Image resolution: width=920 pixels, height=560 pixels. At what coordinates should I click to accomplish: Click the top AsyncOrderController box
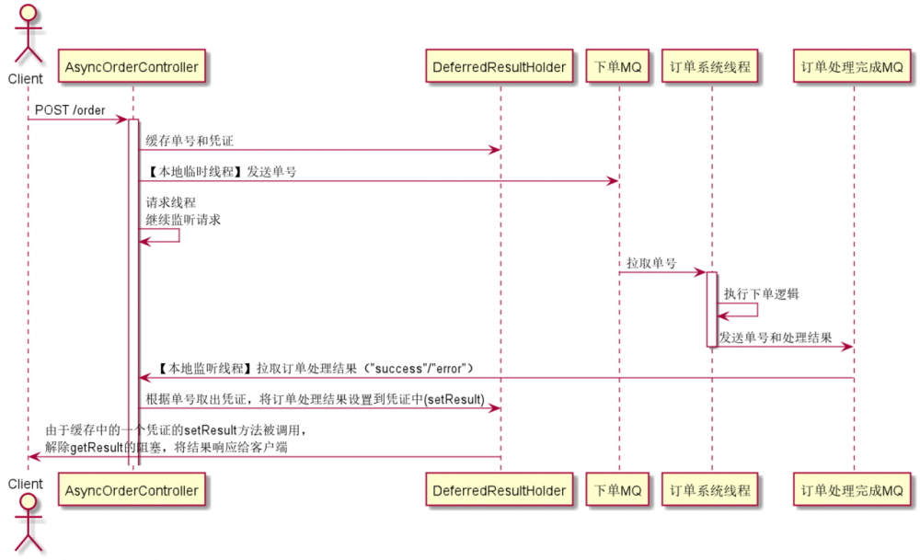[x=132, y=66]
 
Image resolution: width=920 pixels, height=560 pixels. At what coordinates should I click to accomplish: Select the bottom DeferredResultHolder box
[x=500, y=491]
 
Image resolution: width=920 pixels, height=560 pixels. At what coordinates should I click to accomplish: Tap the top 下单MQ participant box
[x=618, y=66]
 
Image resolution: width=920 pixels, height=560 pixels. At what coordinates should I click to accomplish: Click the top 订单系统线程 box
[x=711, y=66]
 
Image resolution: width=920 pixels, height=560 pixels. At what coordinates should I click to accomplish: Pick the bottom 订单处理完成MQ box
[x=852, y=491]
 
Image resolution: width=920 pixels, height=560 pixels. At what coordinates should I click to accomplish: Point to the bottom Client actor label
[x=26, y=484]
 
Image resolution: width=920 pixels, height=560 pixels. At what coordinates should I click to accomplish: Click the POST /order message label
[x=70, y=110]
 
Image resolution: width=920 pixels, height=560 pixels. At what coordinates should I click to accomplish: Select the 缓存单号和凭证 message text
[x=190, y=140]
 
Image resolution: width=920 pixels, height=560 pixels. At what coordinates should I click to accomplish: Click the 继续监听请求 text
[x=183, y=221]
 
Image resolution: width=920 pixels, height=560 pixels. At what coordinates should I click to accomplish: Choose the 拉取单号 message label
[x=651, y=264]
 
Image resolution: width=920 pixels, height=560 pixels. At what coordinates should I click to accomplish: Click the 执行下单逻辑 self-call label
[x=761, y=294]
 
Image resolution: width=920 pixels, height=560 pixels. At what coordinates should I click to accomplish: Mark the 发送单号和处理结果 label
[x=776, y=337]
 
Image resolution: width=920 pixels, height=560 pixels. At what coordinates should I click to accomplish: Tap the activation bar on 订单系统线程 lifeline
[x=711, y=309]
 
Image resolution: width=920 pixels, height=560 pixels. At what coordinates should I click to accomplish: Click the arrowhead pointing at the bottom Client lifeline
[x=33, y=456]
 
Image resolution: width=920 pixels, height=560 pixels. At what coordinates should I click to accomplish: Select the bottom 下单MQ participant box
[x=618, y=491]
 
